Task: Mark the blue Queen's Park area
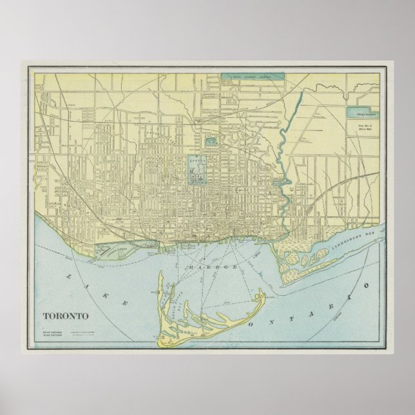point(196,167)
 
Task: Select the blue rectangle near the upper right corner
point(362,111)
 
